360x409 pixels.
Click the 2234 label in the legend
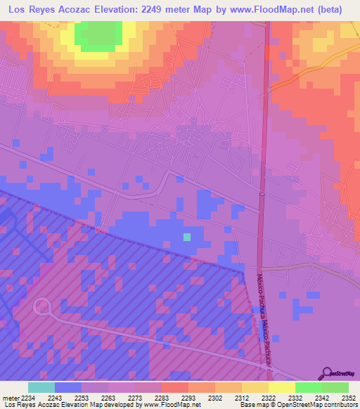tap(27, 398)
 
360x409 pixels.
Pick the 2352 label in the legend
tap(348, 398)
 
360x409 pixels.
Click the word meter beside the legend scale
tap(9, 398)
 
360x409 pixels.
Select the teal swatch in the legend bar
tap(41, 387)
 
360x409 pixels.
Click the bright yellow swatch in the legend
tap(281, 387)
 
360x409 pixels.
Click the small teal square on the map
tap(187, 237)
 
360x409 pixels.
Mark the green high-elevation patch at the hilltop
tap(98, 35)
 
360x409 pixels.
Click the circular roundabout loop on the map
tap(42, 306)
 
